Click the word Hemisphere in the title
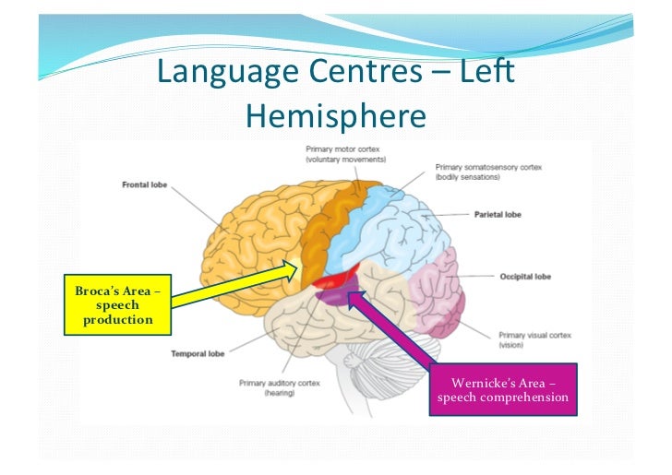pos(336,115)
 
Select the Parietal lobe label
pos(498,214)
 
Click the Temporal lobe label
pos(196,353)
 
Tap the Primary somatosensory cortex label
pos(488,172)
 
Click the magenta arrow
pos(397,333)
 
